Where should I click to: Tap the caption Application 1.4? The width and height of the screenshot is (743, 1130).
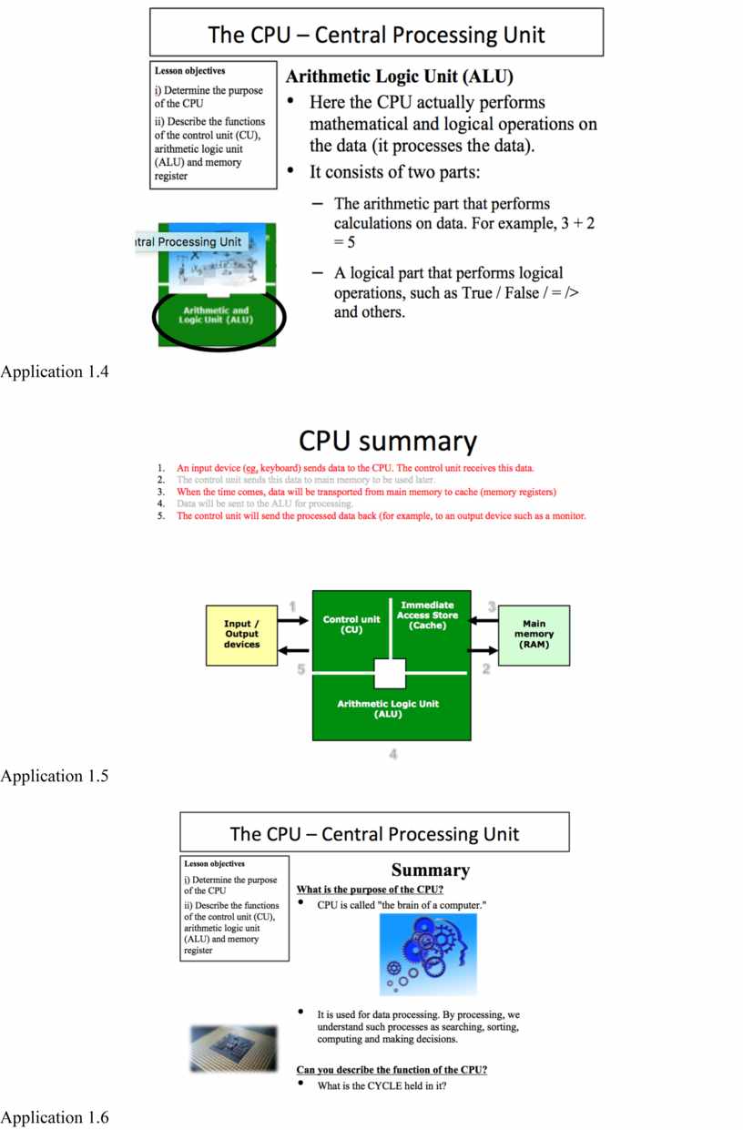tap(55, 371)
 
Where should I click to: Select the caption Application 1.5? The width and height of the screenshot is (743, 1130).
tap(55, 776)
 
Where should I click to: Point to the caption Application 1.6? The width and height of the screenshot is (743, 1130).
tap(55, 1117)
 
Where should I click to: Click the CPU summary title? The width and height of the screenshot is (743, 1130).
tap(387, 442)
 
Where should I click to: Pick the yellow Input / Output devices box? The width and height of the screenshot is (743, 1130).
tap(241, 634)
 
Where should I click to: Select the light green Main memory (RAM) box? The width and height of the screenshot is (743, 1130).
tap(534, 634)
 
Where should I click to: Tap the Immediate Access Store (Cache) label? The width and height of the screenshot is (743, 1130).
tap(427, 616)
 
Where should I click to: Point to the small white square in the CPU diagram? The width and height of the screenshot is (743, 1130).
tap(390, 674)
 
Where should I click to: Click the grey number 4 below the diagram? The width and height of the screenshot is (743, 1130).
tap(392, 754)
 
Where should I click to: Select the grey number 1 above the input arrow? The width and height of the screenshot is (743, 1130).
tap(292, 606)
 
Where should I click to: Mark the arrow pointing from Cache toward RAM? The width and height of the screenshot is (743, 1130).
tap(483, 651)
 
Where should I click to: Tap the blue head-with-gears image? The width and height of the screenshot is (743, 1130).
tap(427, 954)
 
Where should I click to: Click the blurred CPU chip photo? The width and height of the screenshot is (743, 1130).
tap(229, 1047)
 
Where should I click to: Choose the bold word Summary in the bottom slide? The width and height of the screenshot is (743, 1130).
tap(430, 870)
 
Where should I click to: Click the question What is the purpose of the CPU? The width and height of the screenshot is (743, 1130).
tap(370, 889)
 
